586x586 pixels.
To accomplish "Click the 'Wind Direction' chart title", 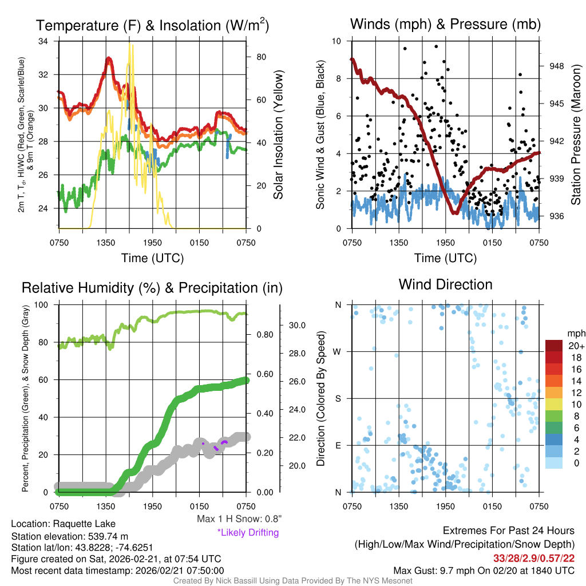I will click(x=445, y=284).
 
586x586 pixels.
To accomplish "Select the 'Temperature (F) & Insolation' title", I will click(x=152, y=25).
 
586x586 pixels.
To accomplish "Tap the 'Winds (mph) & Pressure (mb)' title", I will click(x=445, y=24).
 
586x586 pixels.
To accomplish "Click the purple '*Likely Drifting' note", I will click(x=248, y=533).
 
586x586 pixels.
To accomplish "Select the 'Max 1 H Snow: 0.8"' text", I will click(x=239, y=519).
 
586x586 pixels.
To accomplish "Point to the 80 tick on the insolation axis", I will click(x=260, y=57).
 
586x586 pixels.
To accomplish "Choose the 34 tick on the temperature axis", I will click(x=43, y=41).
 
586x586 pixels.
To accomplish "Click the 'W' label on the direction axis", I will click(x=338, y=351).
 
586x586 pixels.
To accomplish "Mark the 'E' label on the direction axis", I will click(x=339, y=445).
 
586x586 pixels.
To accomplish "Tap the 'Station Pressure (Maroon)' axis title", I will click(x=576, y=135).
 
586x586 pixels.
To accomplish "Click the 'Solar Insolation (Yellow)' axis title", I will click(x=279, y=135).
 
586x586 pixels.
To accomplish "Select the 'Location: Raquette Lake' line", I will click(x=63, y=524).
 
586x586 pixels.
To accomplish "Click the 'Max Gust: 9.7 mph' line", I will click(x=484, y=571).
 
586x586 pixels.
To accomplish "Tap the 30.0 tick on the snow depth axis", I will click(x=297, y=325).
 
